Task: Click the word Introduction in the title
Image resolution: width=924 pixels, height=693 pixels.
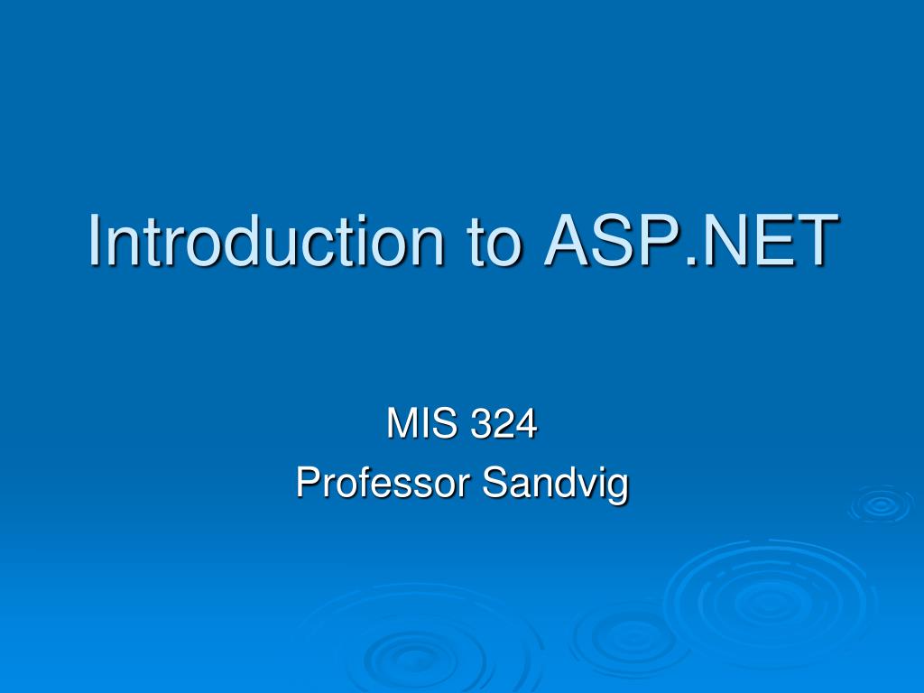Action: click(x=266, y=241)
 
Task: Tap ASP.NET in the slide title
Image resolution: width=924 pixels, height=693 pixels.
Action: click(x=687, y=241)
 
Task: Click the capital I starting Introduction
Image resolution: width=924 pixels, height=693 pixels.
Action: click(x=94, y=241)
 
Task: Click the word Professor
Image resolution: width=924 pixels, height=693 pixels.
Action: click(x=383, y=484)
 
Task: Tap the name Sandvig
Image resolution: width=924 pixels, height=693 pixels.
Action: click(x=555, y=484)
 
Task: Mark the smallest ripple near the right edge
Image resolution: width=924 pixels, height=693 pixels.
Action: click(x=879, y=505)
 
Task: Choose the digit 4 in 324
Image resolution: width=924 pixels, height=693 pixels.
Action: click(x=526, y=424)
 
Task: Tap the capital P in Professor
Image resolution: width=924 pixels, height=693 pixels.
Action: click(x=307, y=484)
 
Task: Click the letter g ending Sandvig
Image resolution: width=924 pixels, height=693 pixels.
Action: click(x=618, y=487)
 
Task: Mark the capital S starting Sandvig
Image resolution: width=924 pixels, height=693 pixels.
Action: click(x=493, y=484)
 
